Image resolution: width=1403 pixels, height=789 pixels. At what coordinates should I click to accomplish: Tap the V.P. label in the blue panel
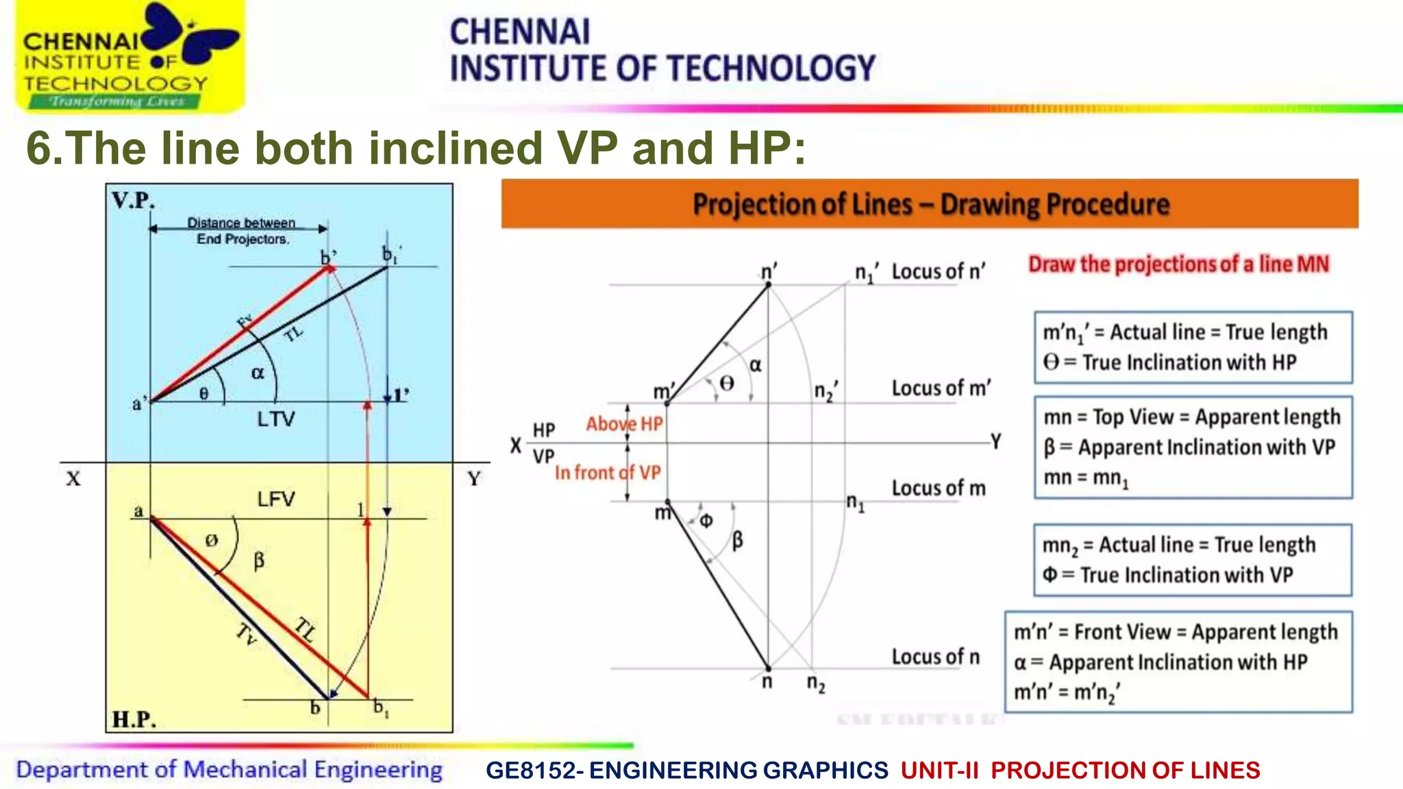[x=133, y=201]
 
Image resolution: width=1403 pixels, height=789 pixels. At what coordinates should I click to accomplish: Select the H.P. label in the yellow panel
[x=134, y=719]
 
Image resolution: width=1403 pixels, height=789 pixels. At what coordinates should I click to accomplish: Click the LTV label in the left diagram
[x=276, y=419]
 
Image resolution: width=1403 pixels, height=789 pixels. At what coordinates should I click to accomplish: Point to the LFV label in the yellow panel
[x=276, y=499]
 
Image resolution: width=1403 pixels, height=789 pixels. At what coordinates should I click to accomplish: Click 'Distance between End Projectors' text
[x=242, y=231]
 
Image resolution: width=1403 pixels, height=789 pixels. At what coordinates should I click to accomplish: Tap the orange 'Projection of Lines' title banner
[x=930, y=204]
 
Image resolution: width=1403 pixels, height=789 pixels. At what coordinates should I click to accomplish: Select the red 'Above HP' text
[x=624, y=424]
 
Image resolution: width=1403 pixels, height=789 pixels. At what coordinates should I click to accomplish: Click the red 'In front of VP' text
[x=607, y=473]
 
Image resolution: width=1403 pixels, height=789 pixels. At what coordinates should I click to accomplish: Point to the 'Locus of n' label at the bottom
[x=935, y=657]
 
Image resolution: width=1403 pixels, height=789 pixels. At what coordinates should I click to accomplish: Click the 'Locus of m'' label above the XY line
[x=941, y=388]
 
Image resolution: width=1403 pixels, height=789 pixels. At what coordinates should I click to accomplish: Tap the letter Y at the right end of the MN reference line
[x=996, y=442]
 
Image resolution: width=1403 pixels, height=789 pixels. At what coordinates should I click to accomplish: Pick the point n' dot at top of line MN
[x=768, y=284]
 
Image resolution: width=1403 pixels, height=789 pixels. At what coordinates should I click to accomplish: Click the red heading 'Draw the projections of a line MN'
[x=1178, y=264]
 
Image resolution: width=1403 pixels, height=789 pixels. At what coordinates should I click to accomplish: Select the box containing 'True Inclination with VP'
[x=1192, y=560]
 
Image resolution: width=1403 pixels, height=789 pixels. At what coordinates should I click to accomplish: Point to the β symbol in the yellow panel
[x=258, y=562]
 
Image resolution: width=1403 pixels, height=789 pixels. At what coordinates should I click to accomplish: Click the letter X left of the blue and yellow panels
[x=73, y=479]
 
